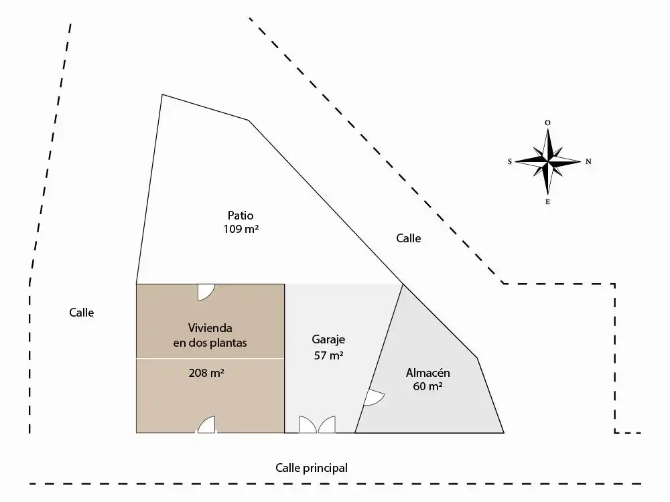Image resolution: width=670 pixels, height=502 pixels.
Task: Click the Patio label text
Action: click(241, 216)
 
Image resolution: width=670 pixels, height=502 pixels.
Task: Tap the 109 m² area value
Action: click(241, 229)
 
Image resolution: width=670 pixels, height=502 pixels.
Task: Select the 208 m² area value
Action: click(206, 373)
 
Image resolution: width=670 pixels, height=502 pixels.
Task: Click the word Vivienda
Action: click(210, 328)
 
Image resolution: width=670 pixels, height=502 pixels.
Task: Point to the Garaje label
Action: click(328, 340)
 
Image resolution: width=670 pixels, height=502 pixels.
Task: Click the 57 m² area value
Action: click(328, 355)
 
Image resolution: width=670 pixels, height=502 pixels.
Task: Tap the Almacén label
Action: click(427, 373)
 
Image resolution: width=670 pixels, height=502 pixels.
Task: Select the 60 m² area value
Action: click(427, 386)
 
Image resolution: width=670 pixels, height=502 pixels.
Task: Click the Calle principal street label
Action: click(312, 468)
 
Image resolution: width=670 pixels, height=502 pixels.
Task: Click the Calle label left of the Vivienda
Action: click(82, 313)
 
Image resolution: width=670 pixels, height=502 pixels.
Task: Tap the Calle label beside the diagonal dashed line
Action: click(409, 238)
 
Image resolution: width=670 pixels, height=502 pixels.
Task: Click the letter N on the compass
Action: click(588, 161)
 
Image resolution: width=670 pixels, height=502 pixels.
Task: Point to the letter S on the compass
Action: click(509, 161)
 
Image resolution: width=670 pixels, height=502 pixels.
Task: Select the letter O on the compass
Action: click(547, 123)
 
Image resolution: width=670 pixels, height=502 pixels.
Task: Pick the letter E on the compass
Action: click(547, 202)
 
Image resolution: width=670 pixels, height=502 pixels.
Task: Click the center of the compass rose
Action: click(548, 161)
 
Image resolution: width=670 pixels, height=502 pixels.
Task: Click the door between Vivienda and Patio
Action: click(206, 293)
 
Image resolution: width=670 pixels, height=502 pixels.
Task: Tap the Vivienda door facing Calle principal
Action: click(207, 425)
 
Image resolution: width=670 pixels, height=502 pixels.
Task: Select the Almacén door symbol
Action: click(373, 398)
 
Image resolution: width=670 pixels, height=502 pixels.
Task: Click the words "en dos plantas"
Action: click(210, 343)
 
